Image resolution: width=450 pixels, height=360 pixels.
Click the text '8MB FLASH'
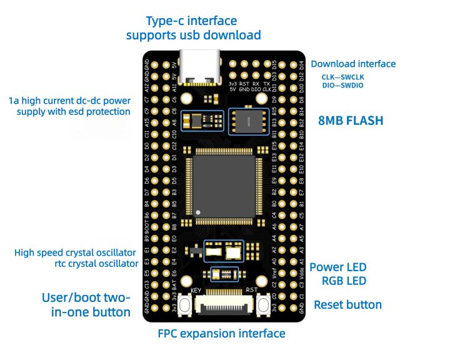pyautogui.click(x=351, y=121)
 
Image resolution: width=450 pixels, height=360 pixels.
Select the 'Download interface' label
pyautogui.click(x=353, y=64)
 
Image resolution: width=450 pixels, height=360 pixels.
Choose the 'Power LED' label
pyautogui.click(x=337, y=267)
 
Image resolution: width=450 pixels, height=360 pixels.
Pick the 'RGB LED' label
pyautogui.click(x=344, y=281)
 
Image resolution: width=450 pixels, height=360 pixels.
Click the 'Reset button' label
pyautogui.click(x=347, y=305)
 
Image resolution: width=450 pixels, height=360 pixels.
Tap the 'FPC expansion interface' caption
pyautogui.click(x=222, y=334)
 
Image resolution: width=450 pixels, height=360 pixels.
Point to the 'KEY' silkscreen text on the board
pyautogui.click(x=196, y=291)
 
